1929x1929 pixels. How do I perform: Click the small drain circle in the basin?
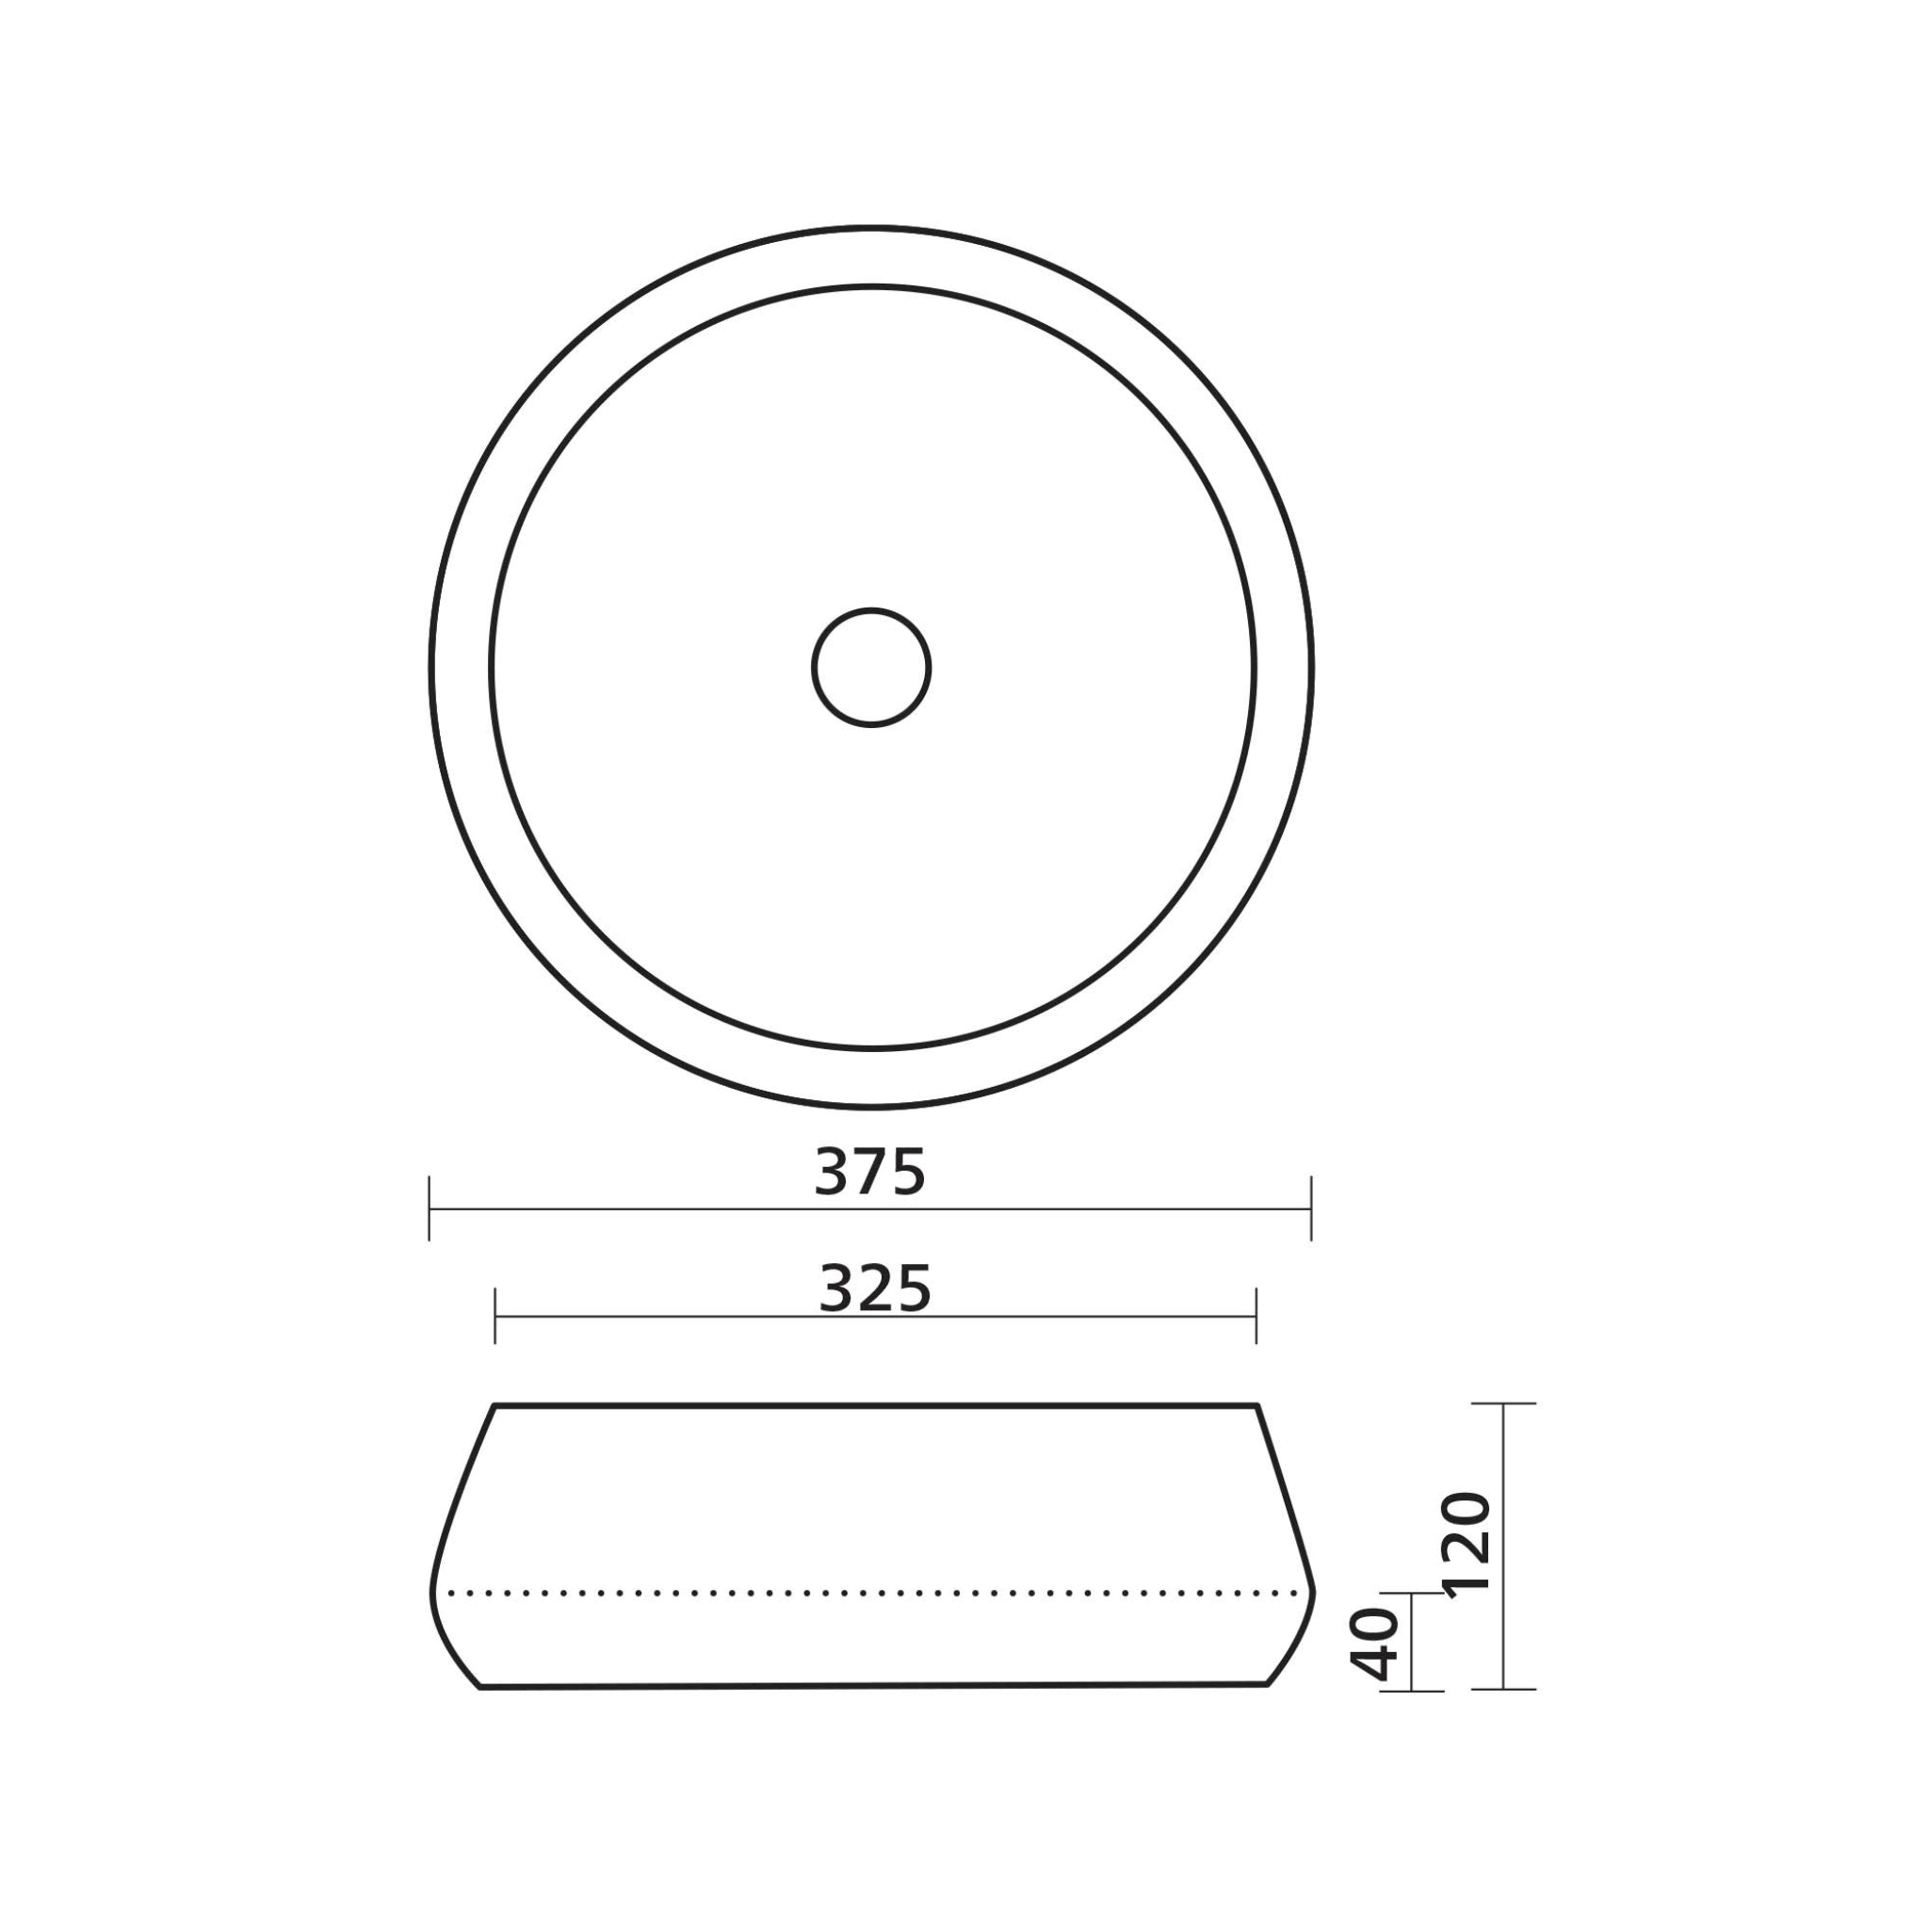pyautogui.click(x=870, y=667)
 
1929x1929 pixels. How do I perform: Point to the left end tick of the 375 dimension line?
pyautogui.click(x=430, y=1209)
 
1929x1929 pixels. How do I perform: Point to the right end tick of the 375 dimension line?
pyautogui.click(x=1311, y=1209)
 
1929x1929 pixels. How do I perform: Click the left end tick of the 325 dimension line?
pyautogui.click(x=495, y=1316)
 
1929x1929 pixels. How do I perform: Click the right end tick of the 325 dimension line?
pyautogui.click(x=1256, y=1316)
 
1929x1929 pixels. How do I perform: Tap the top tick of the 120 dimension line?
pyautogui.click(x=1503, y=1403)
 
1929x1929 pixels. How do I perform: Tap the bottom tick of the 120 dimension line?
pyautogui.click(x=1503, y=1690)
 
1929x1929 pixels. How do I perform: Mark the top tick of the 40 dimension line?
pyautogui.click(x=1412, y=1594)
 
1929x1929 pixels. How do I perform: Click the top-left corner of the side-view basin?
pyautogui.click(x=494, y=1406)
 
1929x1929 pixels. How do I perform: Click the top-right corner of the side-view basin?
pyautogui.click(x=1257, y=1406)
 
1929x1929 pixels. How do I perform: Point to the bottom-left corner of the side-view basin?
pyautogui.click(x=480, y=1687)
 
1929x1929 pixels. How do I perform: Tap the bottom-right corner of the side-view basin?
pyautogui.click(x=1267, y=1685)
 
